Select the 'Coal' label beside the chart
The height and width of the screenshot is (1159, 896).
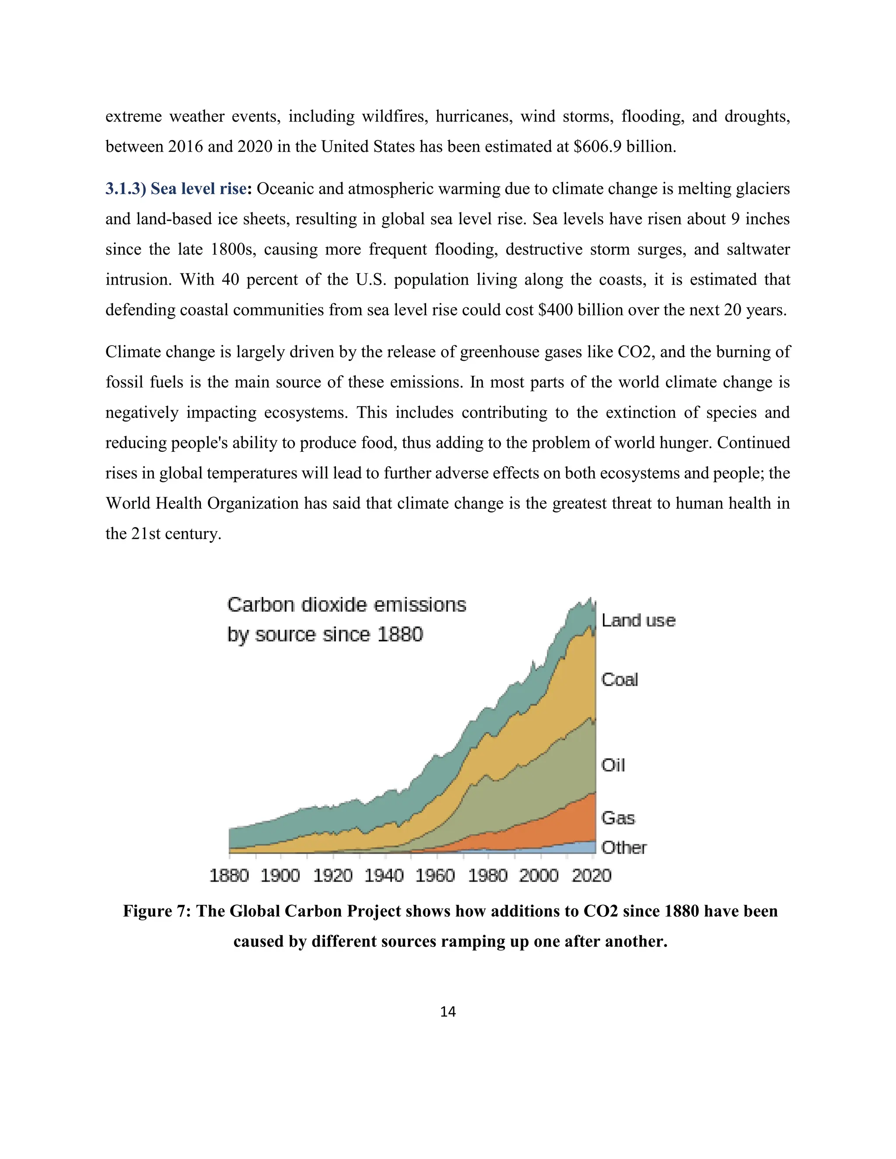tap(619, 679)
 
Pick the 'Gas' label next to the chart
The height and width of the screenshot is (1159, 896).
tap(617, 818)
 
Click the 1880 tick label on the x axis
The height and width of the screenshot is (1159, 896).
tap(229, 875)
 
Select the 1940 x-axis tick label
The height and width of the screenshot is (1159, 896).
tap(384, 875)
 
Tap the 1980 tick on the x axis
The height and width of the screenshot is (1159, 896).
tap(487, 875)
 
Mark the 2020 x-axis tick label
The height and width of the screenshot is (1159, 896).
tap(591, 875)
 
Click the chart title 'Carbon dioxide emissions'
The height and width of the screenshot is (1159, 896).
tap(346, 605)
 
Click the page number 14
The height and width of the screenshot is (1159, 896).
tap(448, 1012)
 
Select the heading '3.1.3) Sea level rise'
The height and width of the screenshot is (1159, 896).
tap(176, 189)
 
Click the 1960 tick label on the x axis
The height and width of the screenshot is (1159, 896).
tap(435, 875)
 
